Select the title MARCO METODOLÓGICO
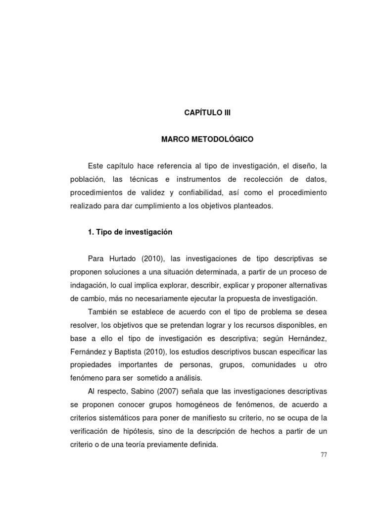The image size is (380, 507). coord(207,140)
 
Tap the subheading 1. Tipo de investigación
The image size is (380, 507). coord(130,231)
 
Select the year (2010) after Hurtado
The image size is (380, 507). coord(152,258)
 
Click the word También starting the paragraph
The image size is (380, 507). coord(103,312)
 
